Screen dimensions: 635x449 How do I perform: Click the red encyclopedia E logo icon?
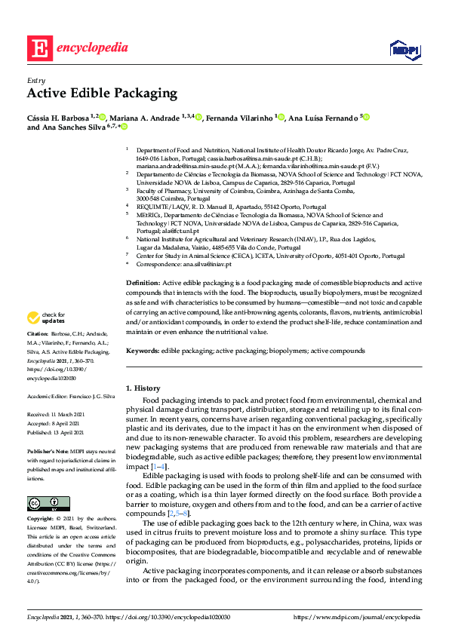[39, 48]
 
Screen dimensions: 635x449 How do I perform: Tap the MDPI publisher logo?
[404, 50]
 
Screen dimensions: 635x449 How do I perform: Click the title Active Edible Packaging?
[102, 94]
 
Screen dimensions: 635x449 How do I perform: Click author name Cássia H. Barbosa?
[57, 118]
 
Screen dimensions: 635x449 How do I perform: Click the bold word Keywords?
[142, 351]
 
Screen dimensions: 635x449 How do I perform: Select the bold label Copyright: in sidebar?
[42, 498]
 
